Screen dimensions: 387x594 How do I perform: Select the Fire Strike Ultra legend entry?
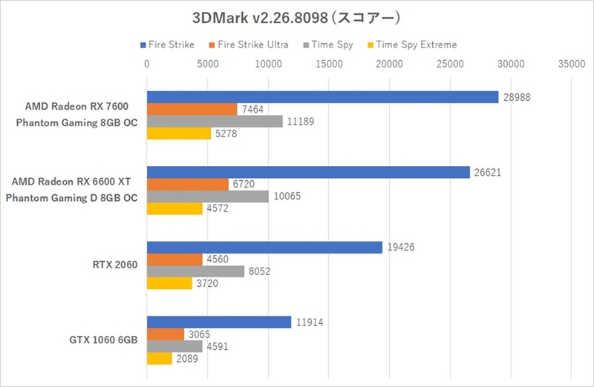point(249,45)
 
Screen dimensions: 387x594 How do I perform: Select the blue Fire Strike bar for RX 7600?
point(322,97)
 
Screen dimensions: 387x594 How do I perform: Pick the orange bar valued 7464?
point(192,110)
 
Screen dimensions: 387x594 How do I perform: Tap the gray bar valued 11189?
point(215,122)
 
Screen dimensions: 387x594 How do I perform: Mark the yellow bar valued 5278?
point(179,134)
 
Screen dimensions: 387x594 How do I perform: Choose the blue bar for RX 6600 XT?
point(308,172)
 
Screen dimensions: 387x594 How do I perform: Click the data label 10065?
point(286,197)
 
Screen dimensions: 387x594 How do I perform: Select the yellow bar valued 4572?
point(174,209)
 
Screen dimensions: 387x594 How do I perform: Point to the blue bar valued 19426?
point(264,248)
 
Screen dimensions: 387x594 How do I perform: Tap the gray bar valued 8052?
point(195,271)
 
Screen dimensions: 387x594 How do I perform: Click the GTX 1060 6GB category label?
point(102,340)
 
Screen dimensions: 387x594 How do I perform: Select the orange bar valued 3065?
point(166,334)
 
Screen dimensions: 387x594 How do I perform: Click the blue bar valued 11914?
point(219,322)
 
